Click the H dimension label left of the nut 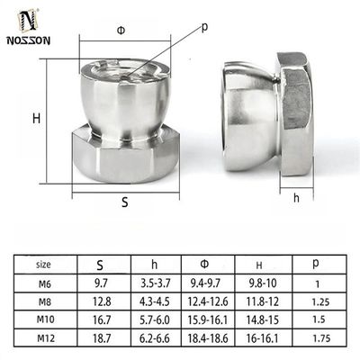pos(37,118)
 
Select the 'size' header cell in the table pos(43,265)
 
